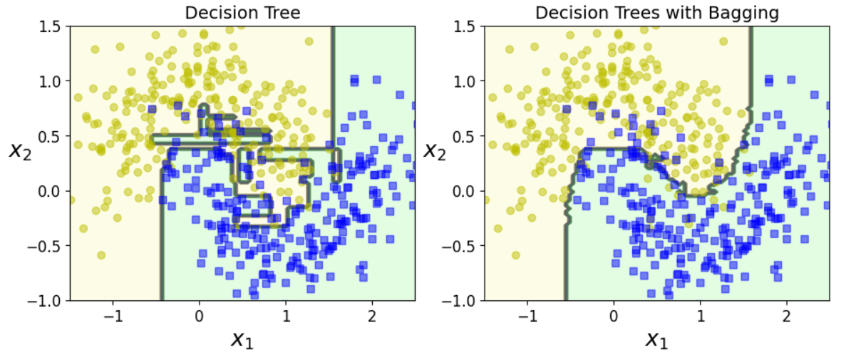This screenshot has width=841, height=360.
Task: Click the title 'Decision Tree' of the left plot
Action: click(x=242, y=13)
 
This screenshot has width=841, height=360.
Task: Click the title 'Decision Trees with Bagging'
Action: click(x=656, y=13)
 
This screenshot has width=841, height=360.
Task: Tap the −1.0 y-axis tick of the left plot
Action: click(x=47, y=301)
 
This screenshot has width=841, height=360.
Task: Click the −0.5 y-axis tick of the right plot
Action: click(x=462, y=246)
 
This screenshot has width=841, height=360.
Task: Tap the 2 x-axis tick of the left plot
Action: click(x=372, y=315)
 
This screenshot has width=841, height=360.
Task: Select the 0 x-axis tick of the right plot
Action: click(x=614, y=315)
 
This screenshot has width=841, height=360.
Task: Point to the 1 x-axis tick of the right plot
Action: click(x=700, y=315)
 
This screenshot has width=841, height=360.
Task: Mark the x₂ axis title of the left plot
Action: click(x=20, y=150)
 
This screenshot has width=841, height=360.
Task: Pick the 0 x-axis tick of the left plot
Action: click(x=199, y=315)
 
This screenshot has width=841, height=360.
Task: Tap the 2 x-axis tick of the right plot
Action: click(x=787, y=315)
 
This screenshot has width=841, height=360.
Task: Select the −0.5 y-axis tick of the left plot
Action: click(x=47, y=246)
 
